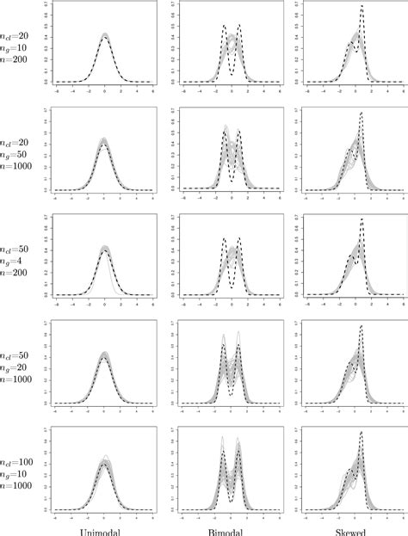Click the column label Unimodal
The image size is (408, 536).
[103, 528]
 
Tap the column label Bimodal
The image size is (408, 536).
[232, 528]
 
